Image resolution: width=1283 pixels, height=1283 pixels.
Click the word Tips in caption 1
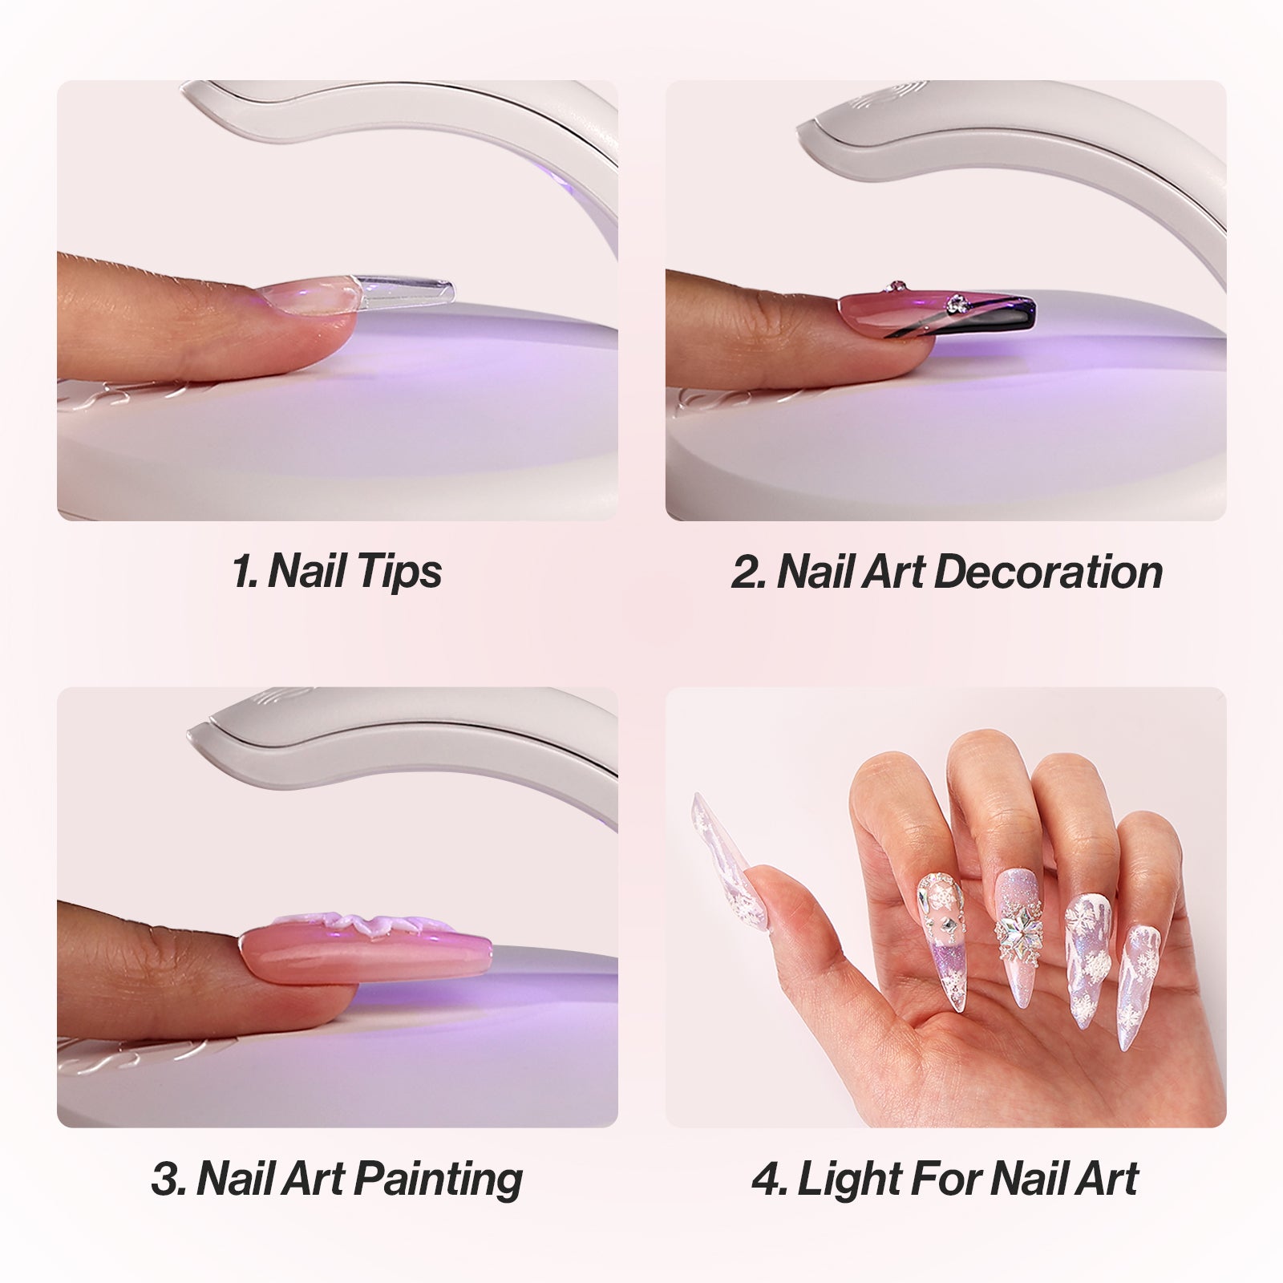click(x=399, y=572)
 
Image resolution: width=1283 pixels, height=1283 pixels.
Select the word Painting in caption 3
click(x=439, y=1179)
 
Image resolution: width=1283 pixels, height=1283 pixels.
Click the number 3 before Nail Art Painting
click(x=166, y=1179)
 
